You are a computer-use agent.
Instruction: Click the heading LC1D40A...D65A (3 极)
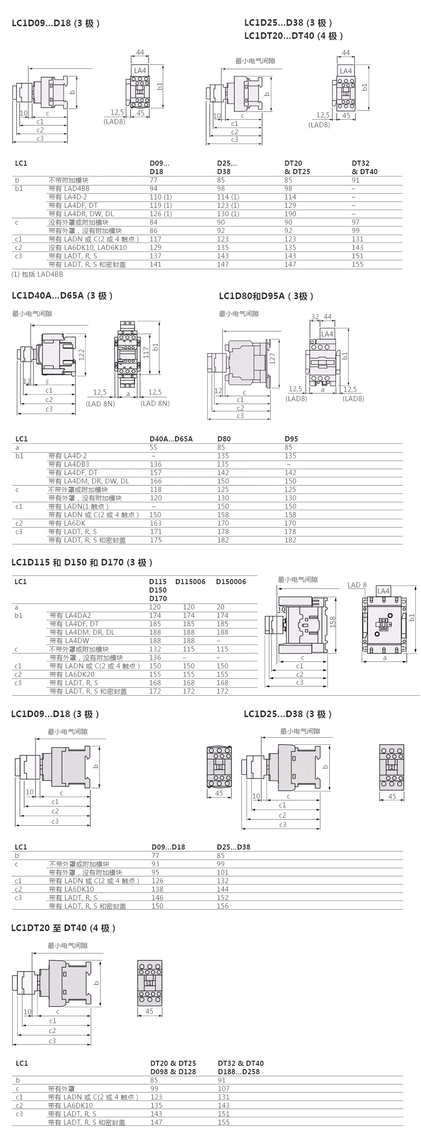tap(62, 296)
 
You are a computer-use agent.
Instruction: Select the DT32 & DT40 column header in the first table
tap(364, 168)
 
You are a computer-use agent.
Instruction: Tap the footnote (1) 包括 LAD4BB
tap(37, 274)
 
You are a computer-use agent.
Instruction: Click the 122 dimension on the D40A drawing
tap(81, 354)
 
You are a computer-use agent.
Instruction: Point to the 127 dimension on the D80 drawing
tap(272, 359)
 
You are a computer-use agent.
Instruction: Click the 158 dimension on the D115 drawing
tap(333, 622)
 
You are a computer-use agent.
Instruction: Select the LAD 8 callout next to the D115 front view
tap(357, 585)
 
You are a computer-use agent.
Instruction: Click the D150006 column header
tap(231, 582)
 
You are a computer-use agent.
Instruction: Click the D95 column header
tap(291, 439)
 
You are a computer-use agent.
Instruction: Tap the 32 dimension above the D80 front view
tap(315, 317)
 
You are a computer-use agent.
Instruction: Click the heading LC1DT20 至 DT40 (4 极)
tap(63, 928)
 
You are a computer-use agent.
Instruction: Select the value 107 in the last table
tap(224, 1089)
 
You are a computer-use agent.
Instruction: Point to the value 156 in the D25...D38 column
tap(223, 906)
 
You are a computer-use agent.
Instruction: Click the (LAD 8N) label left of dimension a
tap(100, 403)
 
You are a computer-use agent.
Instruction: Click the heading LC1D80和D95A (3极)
tap(266, 296)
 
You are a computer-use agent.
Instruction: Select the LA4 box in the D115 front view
tap(383, 591)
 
